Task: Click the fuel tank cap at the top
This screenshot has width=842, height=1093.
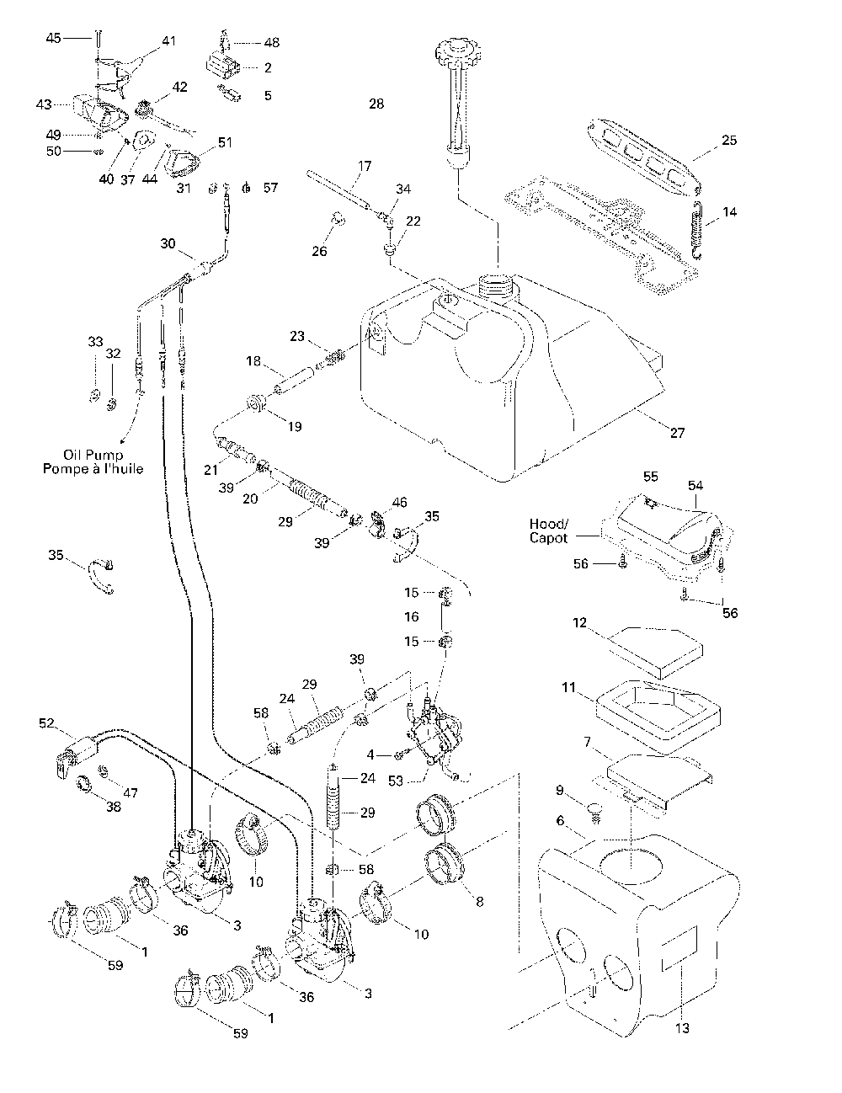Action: [x=458, y=52]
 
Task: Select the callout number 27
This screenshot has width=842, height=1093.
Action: [x=678, y=433]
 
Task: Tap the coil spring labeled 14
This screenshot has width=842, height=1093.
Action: [x=696, y=230]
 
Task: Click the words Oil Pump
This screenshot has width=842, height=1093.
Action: [x=93, y=456]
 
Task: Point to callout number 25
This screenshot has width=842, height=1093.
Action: [x=729, y=141]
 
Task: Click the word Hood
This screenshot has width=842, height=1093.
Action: [x=547, y=524]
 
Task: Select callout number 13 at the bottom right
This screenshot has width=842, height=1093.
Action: [x=682, y=1028]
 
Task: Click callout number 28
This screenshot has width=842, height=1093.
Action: [x=376, y=104]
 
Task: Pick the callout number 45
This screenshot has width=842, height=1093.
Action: [x=53, y=38]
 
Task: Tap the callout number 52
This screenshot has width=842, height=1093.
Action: [x=46, y=723]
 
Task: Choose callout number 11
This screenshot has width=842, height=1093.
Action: [x=568, y=687]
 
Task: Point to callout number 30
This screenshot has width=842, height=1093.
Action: [x=168, y=243]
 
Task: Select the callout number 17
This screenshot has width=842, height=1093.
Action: [x=365, y=166]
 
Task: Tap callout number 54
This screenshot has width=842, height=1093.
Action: [x=695, y=485]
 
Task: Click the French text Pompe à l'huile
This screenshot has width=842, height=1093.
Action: [x=93, y=469]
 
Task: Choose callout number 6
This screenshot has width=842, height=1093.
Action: [x=560, y=820]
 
